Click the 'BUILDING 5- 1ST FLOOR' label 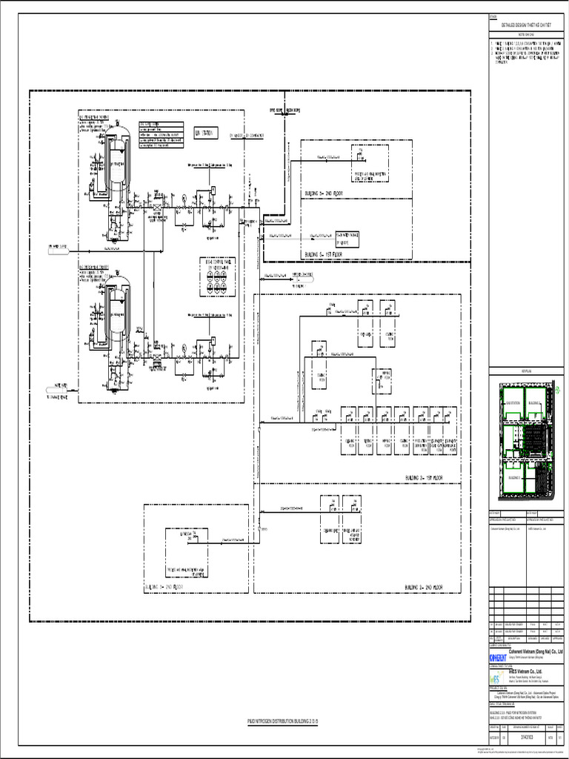tap(323, 254)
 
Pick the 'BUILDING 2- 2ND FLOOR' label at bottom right tap(424, 587)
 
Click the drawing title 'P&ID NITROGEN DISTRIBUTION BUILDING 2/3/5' tap(282, 720)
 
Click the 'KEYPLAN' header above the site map tap(527, 370)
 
